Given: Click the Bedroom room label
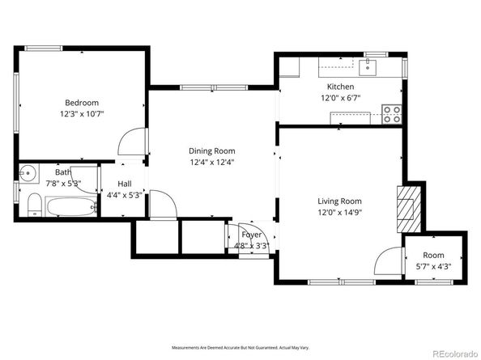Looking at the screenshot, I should [82, 103].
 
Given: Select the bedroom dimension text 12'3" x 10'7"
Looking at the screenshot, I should [82, 114].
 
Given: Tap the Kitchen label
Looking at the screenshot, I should [340, 87].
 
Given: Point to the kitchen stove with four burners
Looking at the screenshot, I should [392, 114].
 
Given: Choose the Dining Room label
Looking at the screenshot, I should [211, 151].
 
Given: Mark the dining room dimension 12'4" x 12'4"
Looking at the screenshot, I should [211, 163].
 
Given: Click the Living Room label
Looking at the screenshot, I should [339, 201].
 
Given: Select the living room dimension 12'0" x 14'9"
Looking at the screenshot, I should [339, 213].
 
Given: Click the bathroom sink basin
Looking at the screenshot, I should [28, 172].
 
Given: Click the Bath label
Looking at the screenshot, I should [63, 172].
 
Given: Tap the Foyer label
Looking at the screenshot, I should [251, 235].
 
